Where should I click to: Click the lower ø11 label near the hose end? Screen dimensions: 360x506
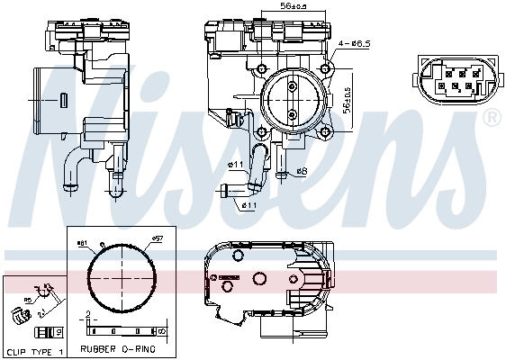coord(249,205)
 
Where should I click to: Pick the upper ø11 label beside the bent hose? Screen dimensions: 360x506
coord(236,165)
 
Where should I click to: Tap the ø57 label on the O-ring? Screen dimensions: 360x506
coord(155,239)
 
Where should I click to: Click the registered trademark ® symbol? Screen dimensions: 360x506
coord(492,118)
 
